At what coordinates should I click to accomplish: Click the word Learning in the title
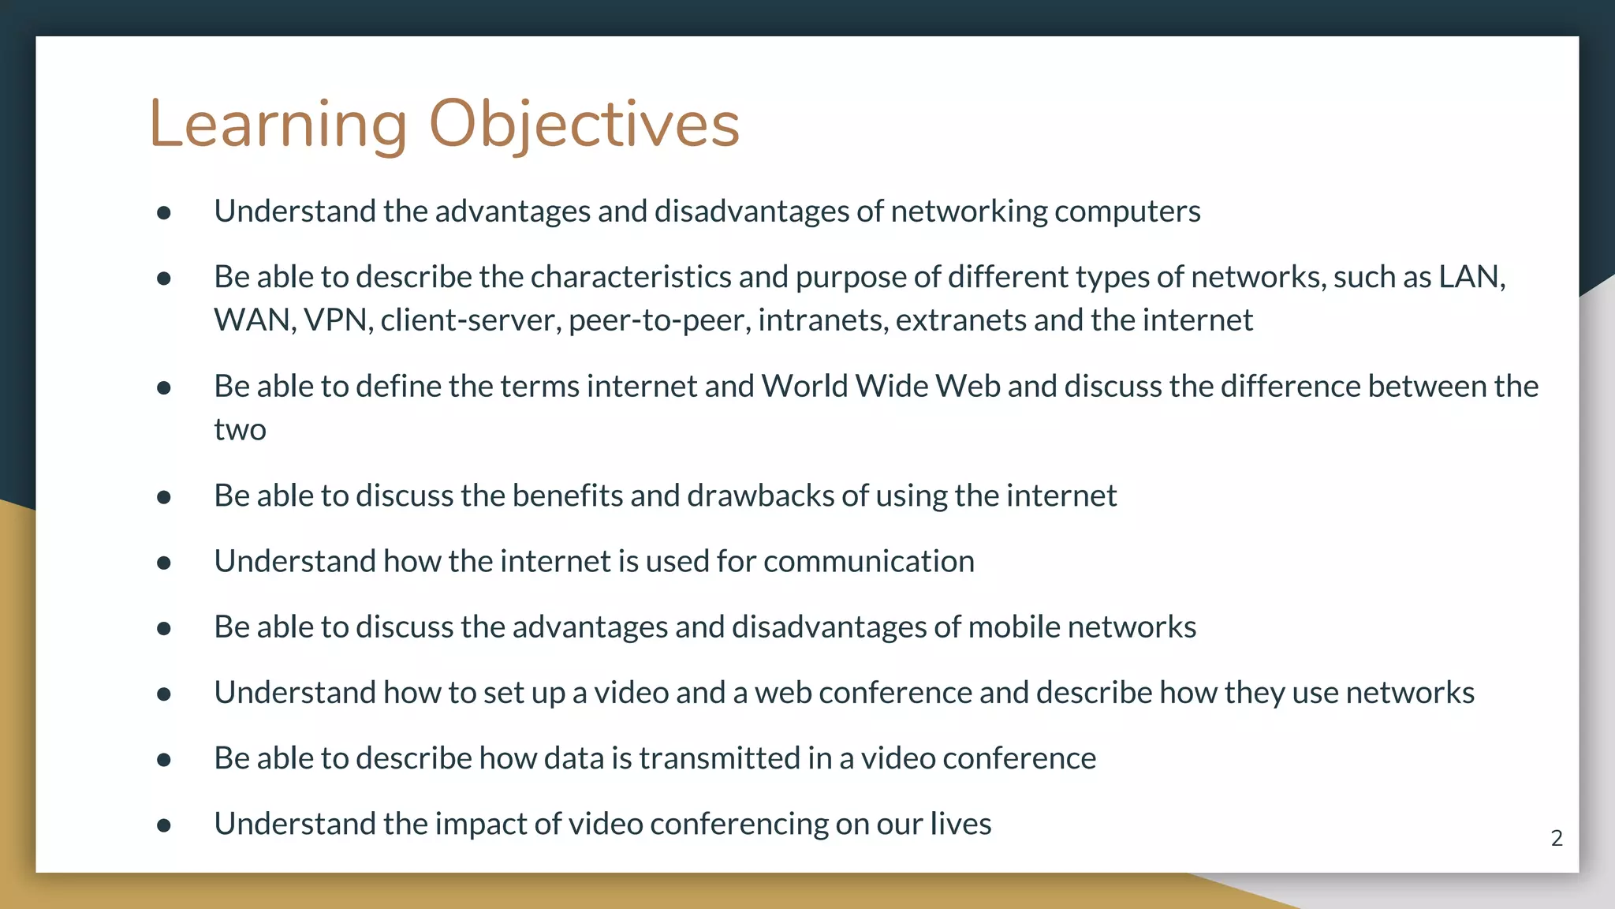click(278, 125)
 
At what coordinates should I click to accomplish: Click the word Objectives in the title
click(584, 125)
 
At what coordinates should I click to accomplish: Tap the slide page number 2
click(1556, 838)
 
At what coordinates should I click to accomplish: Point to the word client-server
click(470, 320)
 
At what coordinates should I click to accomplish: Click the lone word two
click(240, 430)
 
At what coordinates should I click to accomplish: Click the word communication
click(868, 561)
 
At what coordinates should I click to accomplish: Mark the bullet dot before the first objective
click(164, 212)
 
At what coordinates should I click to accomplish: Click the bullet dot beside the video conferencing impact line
click(164, 825)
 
